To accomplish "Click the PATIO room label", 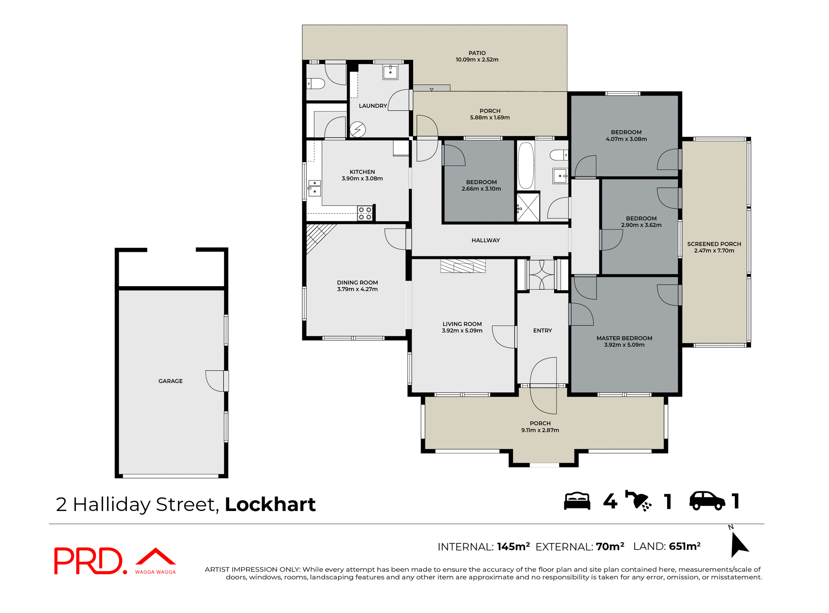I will [x=477, y=53].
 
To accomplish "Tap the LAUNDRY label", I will [x=373, y=106].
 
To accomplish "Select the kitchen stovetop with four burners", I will [x=365, y=213].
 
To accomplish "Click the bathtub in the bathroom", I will [x=526, y=166].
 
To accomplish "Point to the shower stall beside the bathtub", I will [x=528, y=208].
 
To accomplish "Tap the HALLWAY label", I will [x=485, y=240].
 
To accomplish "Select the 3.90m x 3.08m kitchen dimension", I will [x=362, y=179].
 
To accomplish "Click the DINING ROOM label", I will [x=357, y=282].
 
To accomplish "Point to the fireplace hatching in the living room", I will [x=463, y=266].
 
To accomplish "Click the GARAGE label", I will [x=171, y=381].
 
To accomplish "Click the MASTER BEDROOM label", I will [x=624, y=338].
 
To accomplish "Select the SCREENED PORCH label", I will [x=714, y=244].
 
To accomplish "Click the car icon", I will [x=707, y=501].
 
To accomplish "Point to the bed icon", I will [x=577, y=501].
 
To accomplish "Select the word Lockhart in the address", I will [x=270, y=504].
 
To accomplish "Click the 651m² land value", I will [x=684, y=546].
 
